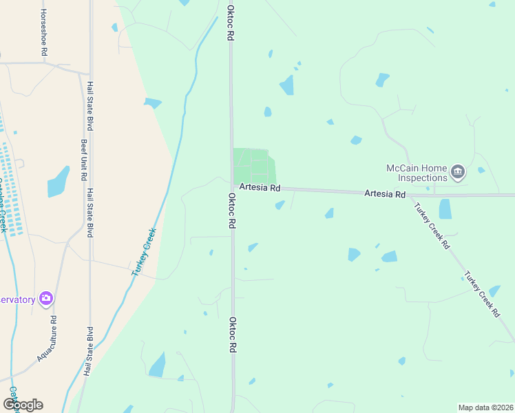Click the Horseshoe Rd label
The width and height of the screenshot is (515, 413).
(x=44, y=32)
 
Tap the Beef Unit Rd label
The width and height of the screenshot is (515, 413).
(x=83, y=160)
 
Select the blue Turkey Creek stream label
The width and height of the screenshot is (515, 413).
(x=145, y=252)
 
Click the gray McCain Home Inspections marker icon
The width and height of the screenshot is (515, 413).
(x=459, y=171)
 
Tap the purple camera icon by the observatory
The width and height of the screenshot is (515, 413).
(x=46, y=298)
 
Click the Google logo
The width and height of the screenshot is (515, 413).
(x=23, y=404)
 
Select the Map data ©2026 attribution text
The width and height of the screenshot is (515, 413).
(x=485, y=407)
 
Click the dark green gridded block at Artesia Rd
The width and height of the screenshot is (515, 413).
(x=253, y=166)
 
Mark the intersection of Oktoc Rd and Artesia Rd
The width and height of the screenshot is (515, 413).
(x=232, y=185)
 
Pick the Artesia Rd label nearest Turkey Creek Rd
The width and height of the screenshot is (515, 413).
(x=385, y=195)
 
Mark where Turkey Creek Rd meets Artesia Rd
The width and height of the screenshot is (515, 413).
(x=410, y=195)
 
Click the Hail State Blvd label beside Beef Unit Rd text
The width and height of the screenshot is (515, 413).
(x=90, y=107)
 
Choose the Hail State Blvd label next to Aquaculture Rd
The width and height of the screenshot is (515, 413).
(x=87, y=350)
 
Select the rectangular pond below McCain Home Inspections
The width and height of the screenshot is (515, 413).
(x=445, y=209)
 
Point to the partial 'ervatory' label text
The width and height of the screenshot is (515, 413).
(x=18, y=299)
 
